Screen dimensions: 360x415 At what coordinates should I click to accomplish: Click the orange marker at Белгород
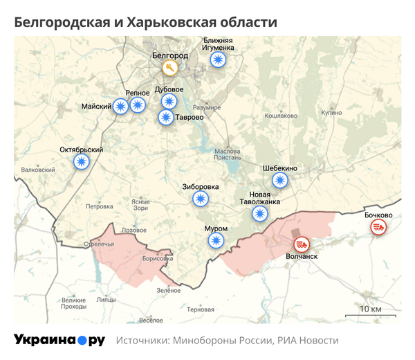[x=170, y=68]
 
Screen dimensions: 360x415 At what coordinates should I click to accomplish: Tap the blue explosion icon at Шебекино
[x=279, y=181]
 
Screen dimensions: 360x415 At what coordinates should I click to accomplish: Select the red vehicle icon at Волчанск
[x=301, y=244]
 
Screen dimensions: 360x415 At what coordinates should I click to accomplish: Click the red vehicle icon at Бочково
[x=378, y=227]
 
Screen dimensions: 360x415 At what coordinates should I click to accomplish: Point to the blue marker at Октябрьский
[x=82, y=162]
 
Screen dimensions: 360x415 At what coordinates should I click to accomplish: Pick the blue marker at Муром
[x=216, y=240]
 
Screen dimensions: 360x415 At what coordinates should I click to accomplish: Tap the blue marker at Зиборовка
[x=201, y=199]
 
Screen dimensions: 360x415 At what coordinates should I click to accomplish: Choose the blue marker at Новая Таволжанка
[x=259, y=213]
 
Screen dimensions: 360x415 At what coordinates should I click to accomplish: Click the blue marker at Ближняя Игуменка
[x=219, y=60]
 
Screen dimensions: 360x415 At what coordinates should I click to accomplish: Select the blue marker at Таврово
[x=166, y=117]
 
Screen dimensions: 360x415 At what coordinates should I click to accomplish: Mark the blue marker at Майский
[x=121, y=106]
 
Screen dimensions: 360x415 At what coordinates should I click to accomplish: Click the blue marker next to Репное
[x=138, y=105]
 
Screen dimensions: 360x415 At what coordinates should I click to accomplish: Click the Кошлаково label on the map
[x=281, y=116]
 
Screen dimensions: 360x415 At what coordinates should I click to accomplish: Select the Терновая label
[x=201, y=309]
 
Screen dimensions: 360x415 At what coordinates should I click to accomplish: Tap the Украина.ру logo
[x=59, y=340]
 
